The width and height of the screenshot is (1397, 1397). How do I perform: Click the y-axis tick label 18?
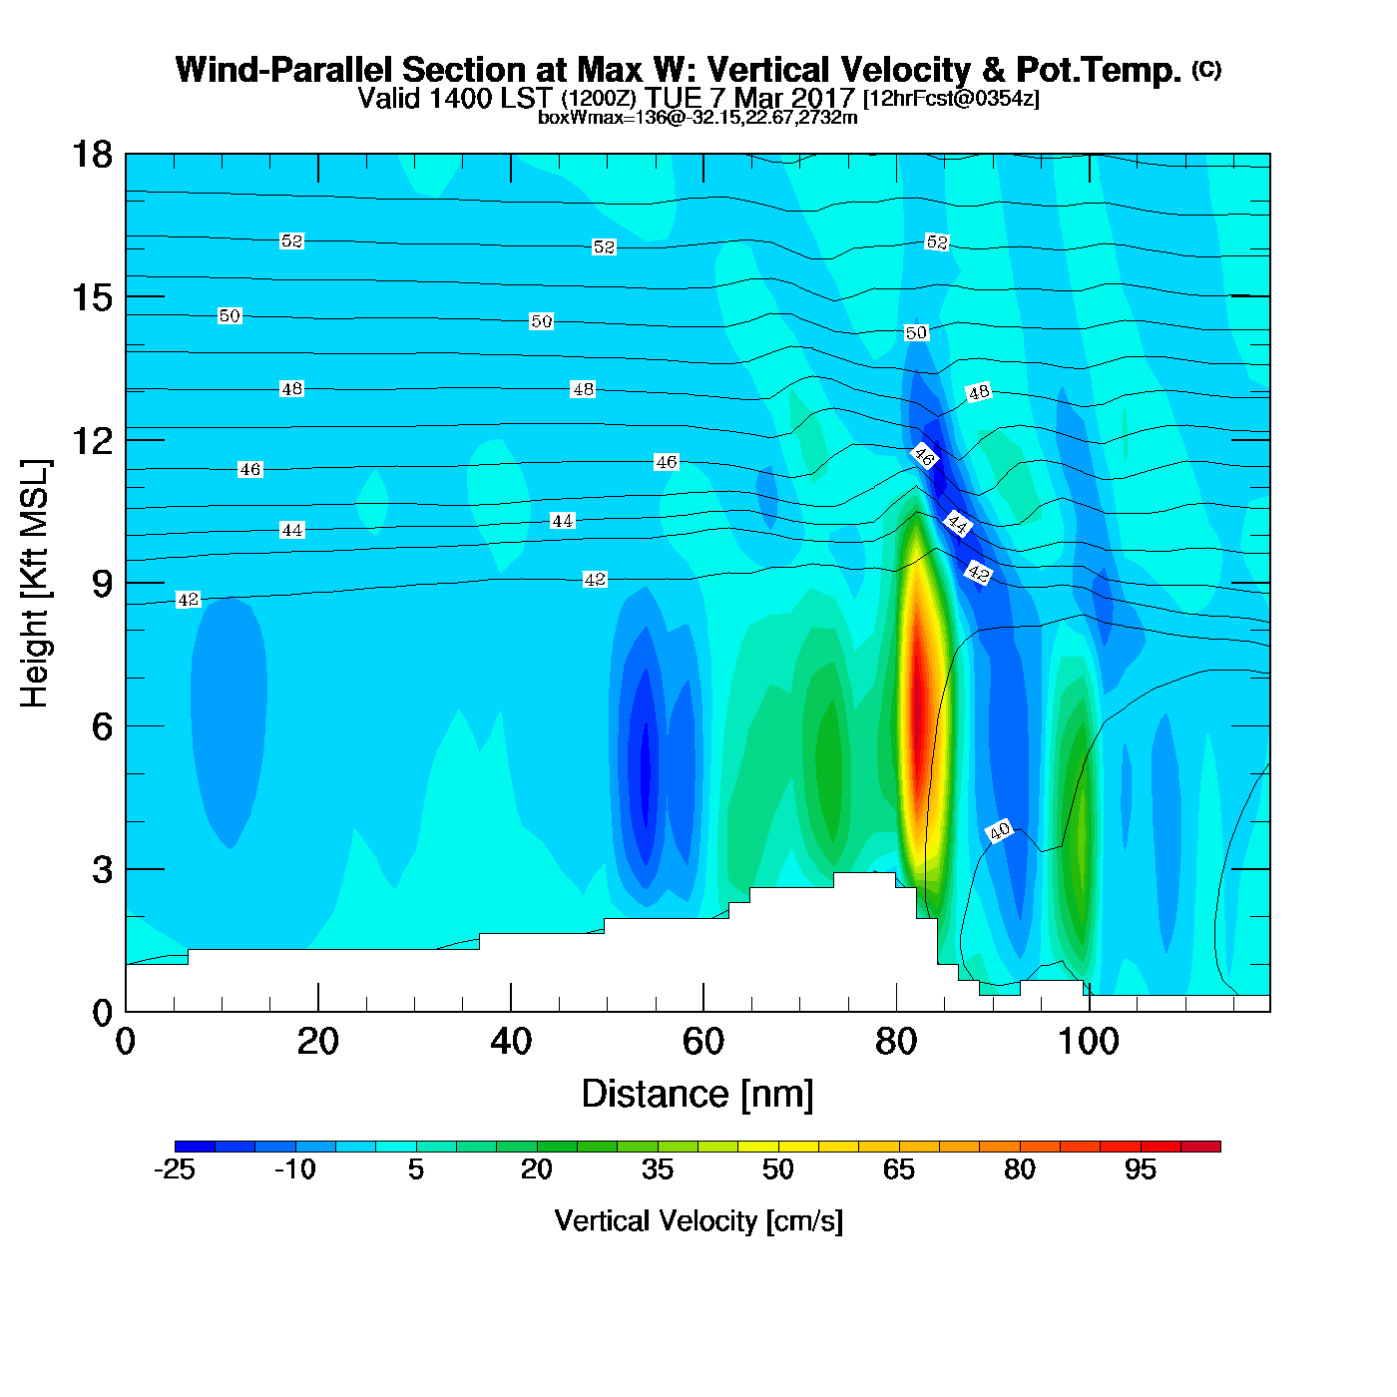[x=92, y=155]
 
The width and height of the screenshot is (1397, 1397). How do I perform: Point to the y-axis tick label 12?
[x=92, y=440]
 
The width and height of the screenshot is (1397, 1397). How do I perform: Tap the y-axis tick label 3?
[x=102, y=870]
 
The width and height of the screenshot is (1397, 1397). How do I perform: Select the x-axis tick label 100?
[x=1088, y=1042]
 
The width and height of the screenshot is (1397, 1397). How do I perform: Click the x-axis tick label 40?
[x=510, y=1042]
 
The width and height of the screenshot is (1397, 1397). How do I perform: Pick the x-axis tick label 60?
[x=702, y=1042]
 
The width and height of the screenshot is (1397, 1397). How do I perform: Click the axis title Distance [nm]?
[x=698, y=1095]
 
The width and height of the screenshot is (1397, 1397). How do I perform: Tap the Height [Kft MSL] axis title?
[x=36, y=584]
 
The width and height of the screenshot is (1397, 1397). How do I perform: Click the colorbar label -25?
[x=174, y=1169]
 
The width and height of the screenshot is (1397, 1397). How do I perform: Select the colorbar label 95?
[x=1141, y=1169]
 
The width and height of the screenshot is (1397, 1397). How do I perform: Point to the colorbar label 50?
[x=778, y=1169]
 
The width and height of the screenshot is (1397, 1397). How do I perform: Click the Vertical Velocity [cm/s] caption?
[x=698, y=1221]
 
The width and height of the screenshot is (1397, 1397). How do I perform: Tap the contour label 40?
[x=999, y=830]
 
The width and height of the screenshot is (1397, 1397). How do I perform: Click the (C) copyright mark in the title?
[x=1206, y=69]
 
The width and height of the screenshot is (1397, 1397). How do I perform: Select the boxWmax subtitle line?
[x=698, y=117]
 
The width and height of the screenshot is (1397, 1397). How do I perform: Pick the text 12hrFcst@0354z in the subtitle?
[x=951, y=99]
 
